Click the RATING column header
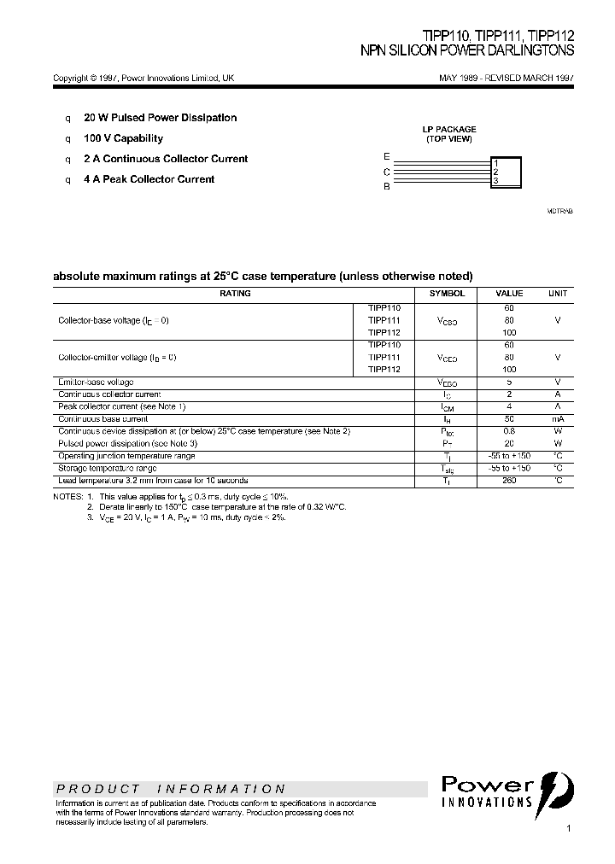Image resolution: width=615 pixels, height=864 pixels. (x=235, y=294)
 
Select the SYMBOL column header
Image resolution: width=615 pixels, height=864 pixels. (x=447, y=294)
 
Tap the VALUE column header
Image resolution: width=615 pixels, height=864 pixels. (x=509, y=294)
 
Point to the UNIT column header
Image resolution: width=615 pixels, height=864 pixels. (x=557, y=294)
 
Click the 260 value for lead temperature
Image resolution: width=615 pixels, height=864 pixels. (x=509, y=481)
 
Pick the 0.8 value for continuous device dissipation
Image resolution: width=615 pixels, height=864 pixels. (x=509, y=431)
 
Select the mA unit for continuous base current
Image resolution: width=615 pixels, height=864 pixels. (x=557, y=419)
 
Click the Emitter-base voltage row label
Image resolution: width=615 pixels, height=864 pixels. (x=96, y=382)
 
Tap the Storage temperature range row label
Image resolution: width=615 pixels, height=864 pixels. (x=107, y=469)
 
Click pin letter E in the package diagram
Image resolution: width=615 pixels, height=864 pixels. (x=387, y=157)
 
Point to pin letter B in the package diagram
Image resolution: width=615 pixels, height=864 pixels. (x=387, y=186)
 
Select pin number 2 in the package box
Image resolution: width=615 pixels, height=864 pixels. (x=495, y=172)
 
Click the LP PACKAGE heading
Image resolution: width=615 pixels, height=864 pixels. (x=449, y=130)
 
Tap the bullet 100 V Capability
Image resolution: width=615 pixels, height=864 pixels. (x=123, y=138)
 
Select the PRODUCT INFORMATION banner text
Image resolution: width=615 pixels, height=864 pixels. (x=170, y=789)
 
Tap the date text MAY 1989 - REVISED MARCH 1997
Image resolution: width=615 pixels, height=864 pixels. (x=506, y=78)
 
